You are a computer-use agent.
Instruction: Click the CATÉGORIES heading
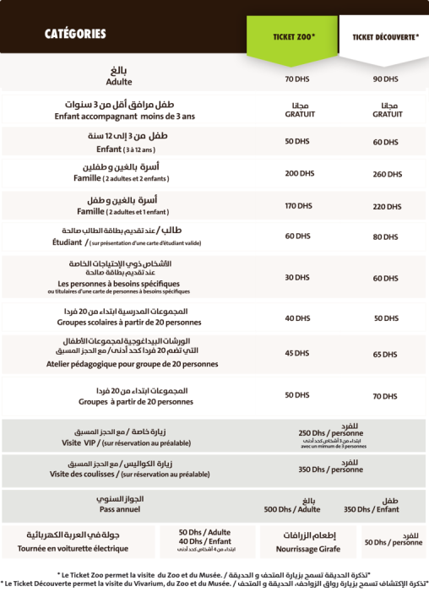pyautogui.click(x=75, y=35)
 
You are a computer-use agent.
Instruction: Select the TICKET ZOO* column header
pyautogui.click(x=293, y=37)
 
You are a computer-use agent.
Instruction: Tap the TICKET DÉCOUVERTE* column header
pyautogui.click(x=385, y=37)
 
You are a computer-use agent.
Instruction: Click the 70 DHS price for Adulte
pyautogui.click(x=296, y=79)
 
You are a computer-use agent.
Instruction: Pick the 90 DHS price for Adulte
pyautogui.click(x=385, y=79)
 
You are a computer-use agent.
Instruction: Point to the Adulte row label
pyautogui.click(x=119, y=83)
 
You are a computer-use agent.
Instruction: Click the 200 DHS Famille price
pyautogui.click(x=299, y=173)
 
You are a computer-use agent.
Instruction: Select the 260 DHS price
pyautogui.click(x=386, y=174)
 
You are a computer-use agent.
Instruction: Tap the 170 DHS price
pyautogui.click(x=299, y=205)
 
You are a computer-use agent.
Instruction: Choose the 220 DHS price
pyautogui.click(x=386, y=206)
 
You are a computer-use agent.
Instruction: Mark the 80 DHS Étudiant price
pyautogui.click(x=385, y=237)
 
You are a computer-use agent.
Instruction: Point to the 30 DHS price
pyautogui.click(x=296, y=277)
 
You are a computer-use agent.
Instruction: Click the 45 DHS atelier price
pyautogui.click(x=296, y=353)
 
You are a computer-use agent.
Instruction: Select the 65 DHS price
pyautogui.click(x=385, y=355)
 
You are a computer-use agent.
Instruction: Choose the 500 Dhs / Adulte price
pyautogui.click(x=291, y=509)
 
